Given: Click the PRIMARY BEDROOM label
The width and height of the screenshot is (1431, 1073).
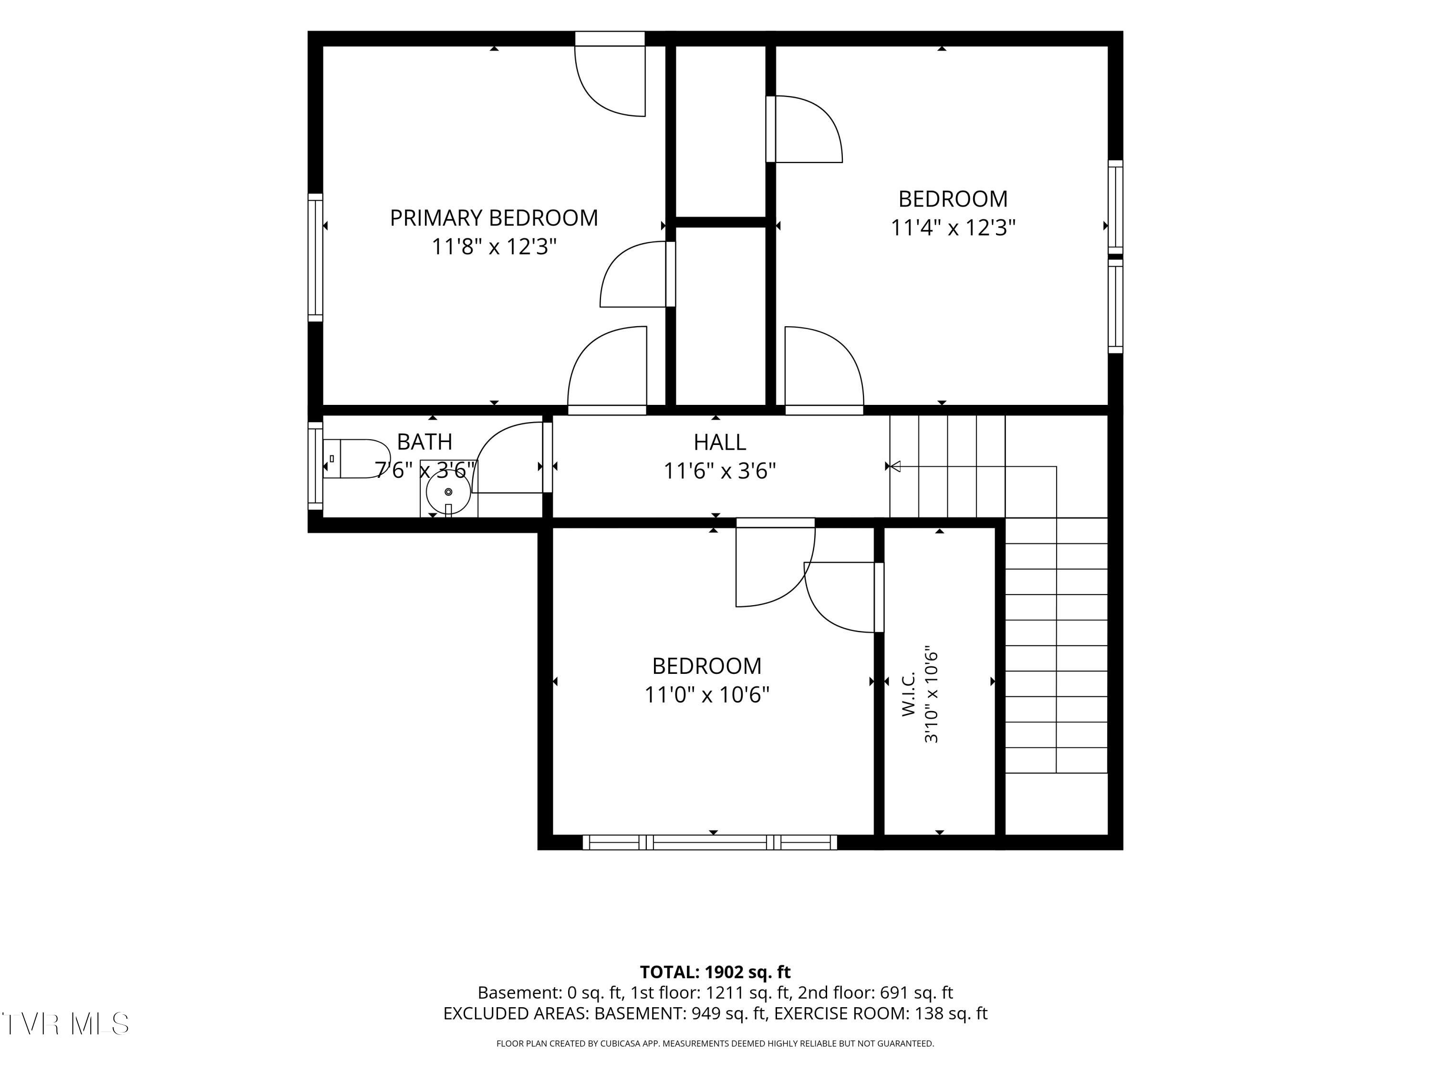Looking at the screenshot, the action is point(494,218).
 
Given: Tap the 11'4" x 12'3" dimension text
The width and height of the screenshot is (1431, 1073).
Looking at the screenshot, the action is point(953,227).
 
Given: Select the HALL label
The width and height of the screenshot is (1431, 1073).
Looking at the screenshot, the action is point(720,443).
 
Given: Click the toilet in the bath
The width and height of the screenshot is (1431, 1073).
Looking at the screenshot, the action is point(356,459).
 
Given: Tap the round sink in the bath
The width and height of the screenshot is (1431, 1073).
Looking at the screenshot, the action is point(448,492).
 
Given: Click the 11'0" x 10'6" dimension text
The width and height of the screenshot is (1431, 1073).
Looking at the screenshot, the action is point(707,695).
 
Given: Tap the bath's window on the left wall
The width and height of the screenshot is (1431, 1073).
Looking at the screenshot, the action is point(315,465).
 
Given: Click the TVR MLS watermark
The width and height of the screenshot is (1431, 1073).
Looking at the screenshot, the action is point(65,1023).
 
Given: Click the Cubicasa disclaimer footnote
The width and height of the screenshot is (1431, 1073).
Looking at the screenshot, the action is point(715,1043).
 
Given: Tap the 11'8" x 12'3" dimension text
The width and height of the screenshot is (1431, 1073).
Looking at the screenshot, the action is point(494,247).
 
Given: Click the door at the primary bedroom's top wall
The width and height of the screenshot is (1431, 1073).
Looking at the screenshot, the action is point(610,74).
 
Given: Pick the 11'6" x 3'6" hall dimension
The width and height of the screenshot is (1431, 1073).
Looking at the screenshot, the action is point(720,471).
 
